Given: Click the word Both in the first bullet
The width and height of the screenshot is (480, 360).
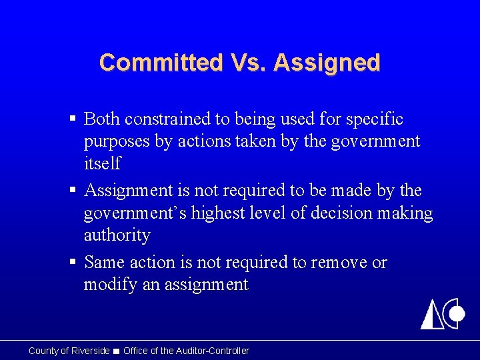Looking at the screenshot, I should pos(102,119).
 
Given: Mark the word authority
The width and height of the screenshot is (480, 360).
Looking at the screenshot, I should pos(117,235).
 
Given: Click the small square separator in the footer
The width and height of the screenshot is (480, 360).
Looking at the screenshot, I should pos(117,351).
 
